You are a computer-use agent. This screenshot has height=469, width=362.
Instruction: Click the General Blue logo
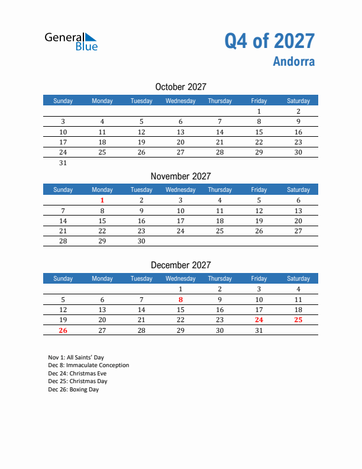71,41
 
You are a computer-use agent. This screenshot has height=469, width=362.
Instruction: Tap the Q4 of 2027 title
269,41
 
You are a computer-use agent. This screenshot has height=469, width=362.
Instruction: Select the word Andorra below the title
294,62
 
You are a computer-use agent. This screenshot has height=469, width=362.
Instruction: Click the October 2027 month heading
180,87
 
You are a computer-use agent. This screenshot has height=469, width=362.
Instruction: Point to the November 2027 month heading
180,176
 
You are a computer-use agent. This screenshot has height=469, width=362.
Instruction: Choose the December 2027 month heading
180,265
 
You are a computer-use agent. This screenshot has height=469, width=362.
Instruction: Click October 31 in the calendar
63,163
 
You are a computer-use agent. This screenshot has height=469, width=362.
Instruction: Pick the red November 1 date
102,200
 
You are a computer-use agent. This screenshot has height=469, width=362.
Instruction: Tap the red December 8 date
180,299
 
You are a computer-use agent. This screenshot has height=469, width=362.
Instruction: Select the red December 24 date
258,320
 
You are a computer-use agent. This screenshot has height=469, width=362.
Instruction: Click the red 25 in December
298,320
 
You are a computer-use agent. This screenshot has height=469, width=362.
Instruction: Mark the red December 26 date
63,330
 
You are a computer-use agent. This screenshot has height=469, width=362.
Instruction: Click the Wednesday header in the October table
180,101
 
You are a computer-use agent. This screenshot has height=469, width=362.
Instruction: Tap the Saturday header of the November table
298,189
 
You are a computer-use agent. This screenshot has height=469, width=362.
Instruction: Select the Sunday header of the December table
63,278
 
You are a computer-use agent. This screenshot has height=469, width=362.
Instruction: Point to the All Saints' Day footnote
76,358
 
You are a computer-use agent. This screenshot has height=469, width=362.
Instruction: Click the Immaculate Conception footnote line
88,365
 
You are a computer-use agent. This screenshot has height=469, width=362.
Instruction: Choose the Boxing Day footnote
73,390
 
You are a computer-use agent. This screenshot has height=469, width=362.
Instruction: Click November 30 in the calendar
141,242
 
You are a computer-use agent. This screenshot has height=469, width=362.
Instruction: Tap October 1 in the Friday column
258,111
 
